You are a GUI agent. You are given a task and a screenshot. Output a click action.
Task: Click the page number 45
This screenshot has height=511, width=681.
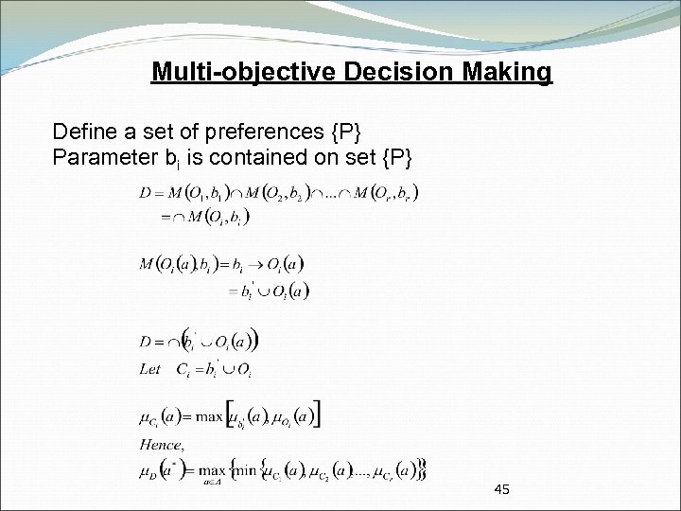tap(502, 489)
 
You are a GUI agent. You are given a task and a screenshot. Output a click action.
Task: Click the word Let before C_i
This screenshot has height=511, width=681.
tap(149, 370)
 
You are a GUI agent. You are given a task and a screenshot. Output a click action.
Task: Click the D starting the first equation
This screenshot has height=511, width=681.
tap(145, 194)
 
